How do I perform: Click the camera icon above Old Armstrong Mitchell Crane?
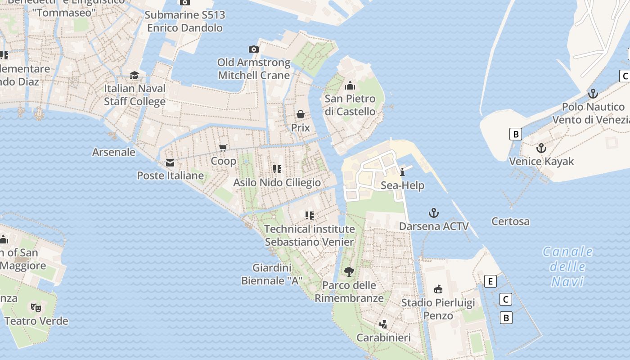tap(254, 49)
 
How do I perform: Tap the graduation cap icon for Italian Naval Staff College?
tap(134, 75)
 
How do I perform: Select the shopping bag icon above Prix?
tap(300, 114)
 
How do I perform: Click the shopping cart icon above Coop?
tap(223, 148)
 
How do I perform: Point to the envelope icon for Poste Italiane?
tap(170, 163)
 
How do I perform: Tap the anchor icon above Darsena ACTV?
tap(434, 213)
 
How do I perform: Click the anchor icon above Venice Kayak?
tap(541, 148)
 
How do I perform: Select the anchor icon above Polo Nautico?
tap(593, 94)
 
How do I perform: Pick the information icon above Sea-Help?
tap(402, 172)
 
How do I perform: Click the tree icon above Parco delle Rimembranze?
tap(349, 271)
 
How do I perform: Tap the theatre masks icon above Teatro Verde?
tap(36, 307)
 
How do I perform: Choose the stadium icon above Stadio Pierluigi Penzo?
tap(438, 289)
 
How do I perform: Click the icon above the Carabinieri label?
tap(383, 324)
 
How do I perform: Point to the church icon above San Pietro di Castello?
tap(350, 85)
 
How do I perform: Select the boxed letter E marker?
tap(490, 282)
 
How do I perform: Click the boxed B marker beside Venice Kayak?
tap(516, 134)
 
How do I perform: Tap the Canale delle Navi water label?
tap(567, 266)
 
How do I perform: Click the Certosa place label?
tap(510, 221)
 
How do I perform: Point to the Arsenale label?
tap(114, 152)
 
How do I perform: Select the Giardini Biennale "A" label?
tap(272, 274)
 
